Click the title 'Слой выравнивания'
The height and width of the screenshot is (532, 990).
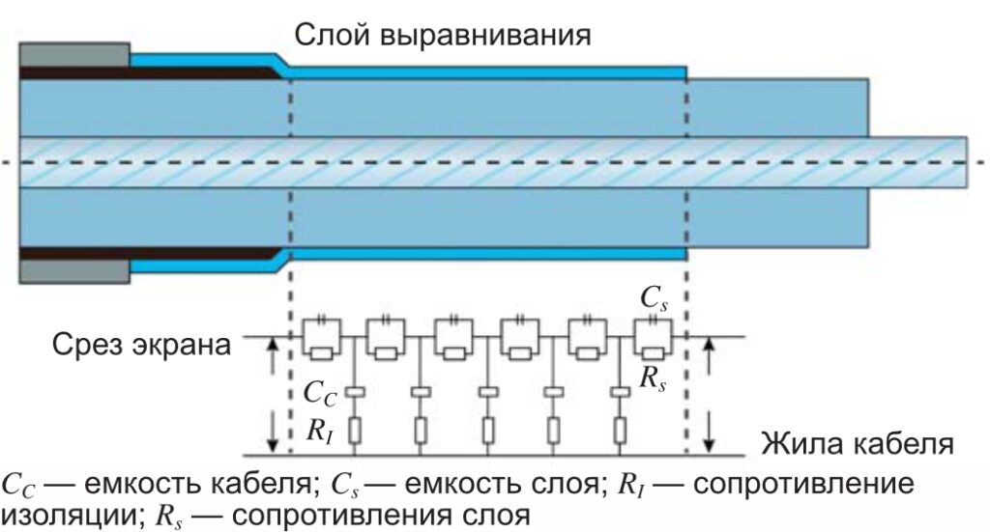point(443,36)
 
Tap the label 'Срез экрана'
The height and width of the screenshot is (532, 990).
point(141,346)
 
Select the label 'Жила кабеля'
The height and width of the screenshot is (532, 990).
point(857,444)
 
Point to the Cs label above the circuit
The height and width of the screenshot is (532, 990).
point(654,298)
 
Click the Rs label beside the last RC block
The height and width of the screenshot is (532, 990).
point(653,378)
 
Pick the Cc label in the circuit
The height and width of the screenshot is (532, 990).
point(320,393)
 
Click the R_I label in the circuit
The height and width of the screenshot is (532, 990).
point(319,432)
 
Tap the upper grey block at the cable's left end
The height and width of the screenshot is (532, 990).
point(74,54)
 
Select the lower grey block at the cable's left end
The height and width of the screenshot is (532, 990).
point(74,271)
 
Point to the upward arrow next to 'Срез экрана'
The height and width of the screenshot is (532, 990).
point(273,354)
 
